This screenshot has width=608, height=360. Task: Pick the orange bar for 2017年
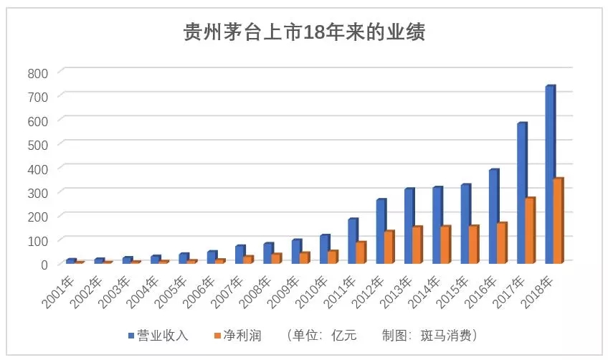coord(530,229)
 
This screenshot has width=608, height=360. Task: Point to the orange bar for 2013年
coord(417,245)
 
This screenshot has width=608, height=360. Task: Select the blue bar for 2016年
coord(493,216)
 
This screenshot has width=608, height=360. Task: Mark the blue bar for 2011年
coord(352,241)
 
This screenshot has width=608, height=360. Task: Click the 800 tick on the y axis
coord(37,72)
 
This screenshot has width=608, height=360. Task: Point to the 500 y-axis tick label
coord(37,144)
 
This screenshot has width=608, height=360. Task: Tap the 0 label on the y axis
coord(44,264)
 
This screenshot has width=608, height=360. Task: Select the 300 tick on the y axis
coord(37,192)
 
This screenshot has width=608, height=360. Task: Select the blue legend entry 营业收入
coord(163,335)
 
